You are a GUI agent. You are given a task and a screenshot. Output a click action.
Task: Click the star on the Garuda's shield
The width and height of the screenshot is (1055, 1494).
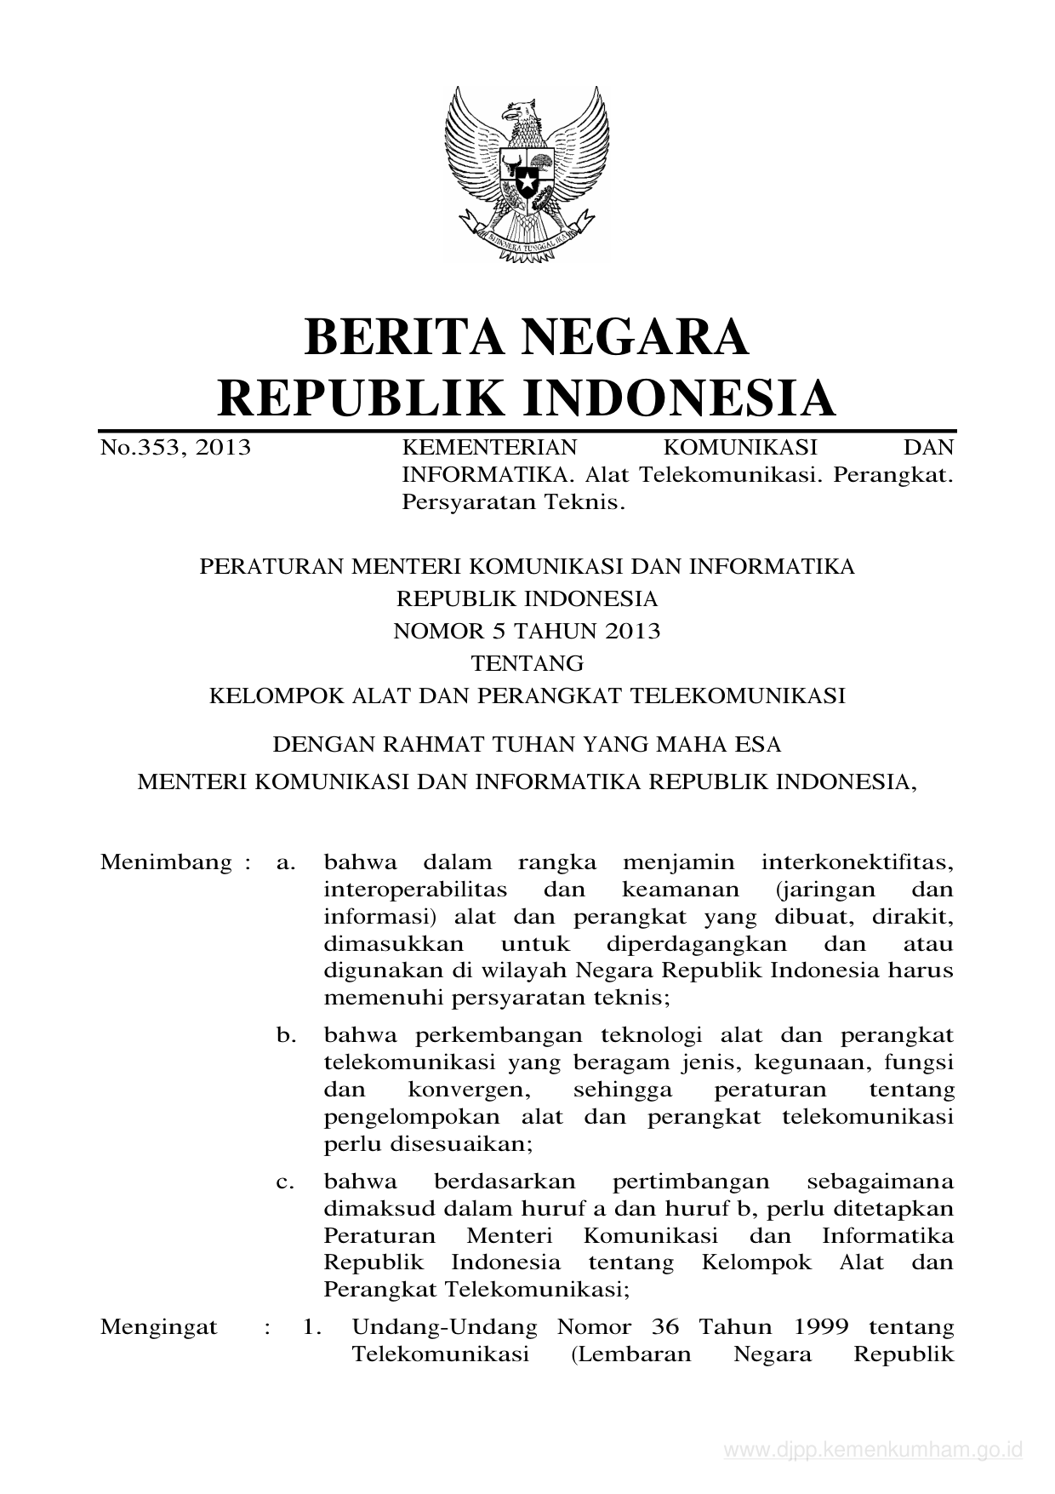[527, 181]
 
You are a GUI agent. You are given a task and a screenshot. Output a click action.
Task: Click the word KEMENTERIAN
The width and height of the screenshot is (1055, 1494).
[489, 447]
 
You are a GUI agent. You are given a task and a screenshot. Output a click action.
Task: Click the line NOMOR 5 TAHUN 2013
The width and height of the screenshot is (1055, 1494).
[527, 631]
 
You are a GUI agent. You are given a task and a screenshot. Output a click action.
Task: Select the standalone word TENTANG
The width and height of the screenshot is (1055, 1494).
[527, 663]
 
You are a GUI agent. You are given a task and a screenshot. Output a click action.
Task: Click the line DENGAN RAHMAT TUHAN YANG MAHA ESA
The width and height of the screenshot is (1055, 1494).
[527, 745]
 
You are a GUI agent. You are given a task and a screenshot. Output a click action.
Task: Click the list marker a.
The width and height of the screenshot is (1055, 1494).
[286, 862]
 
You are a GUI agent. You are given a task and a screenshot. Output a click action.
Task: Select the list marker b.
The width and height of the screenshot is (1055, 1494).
[286, 1036]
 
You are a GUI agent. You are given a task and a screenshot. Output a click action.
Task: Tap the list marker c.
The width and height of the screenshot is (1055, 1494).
[286, 1182]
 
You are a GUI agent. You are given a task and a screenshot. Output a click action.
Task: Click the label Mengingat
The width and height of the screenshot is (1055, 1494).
[159, 1327]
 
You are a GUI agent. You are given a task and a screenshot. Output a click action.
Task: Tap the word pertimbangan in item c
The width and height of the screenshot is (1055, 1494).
[691, 1182]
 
